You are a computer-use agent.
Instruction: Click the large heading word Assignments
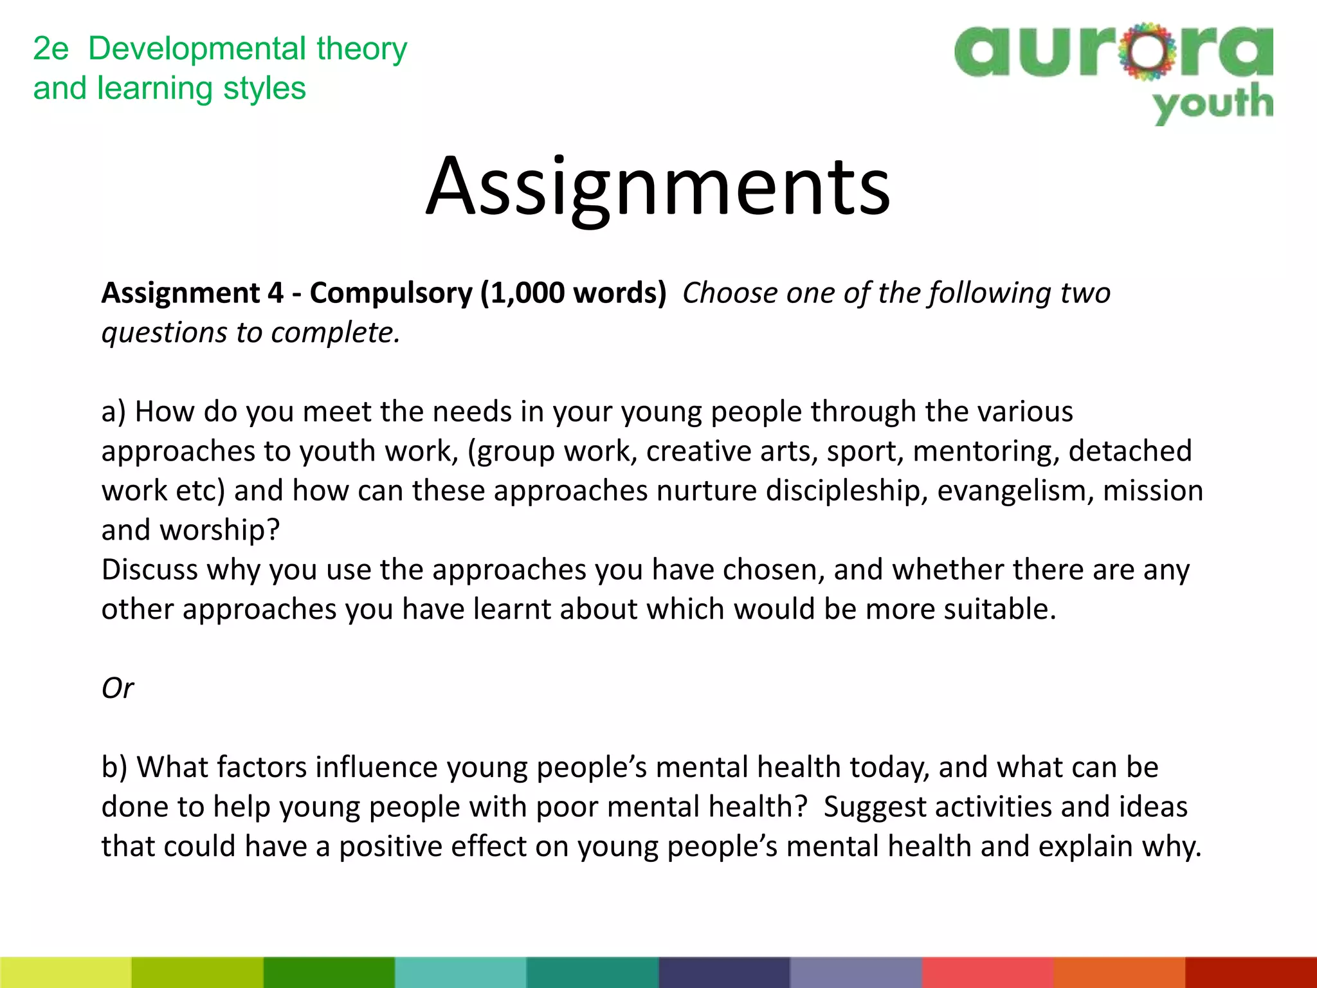(658, 188)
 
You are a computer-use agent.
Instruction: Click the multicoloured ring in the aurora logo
(1147, 51)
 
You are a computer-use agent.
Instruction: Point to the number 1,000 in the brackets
(527, 293)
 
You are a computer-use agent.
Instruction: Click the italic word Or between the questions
(118, 688)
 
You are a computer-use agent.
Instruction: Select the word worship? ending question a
(219, 531)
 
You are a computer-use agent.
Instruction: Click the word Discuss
(149, 570)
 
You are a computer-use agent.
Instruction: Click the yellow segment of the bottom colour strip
(66, 973)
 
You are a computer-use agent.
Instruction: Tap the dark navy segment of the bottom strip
(724, 973)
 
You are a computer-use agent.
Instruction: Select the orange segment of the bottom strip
(1119, 973)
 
